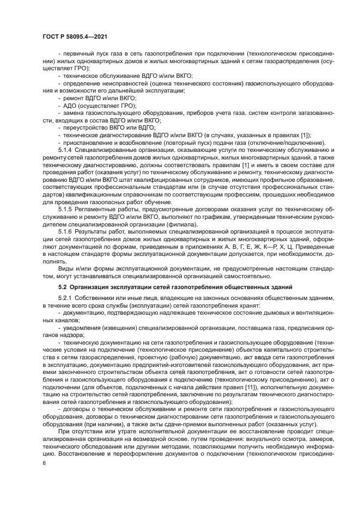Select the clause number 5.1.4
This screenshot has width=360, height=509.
click(x=65, y=149)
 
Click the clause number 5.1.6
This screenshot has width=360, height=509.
click(x=65, y=231)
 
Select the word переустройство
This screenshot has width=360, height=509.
click(x=82, y=127)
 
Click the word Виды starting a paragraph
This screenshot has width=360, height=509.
click(x=65, y=268)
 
